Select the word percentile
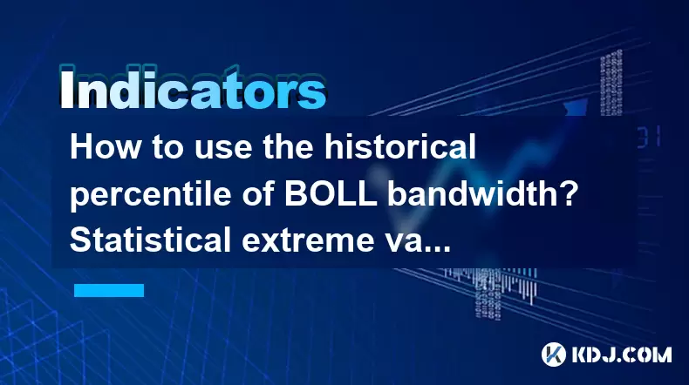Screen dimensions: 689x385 [x=150, y=194]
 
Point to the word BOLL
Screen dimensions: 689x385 [x=331, y=193]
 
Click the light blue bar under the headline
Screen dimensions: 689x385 [x=109, y=290]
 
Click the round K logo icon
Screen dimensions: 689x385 [x=554, y=355]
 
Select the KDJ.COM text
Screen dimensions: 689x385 [x=621, y=355]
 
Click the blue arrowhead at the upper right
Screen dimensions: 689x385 [x=576, y=107]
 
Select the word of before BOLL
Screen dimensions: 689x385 [x=257, y=193]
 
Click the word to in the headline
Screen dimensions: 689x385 [x=167, y=148]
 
